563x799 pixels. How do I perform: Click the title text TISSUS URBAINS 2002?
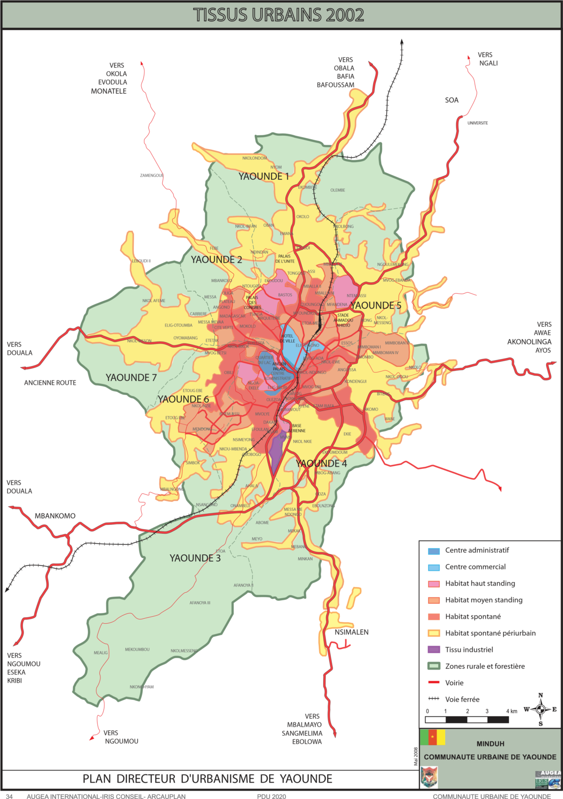coord(278,15)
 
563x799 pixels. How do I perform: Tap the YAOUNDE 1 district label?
coord(263,176)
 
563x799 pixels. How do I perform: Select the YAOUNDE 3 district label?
coord(195,558)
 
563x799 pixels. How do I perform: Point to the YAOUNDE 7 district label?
coord(131,378)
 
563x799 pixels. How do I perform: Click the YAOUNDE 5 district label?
coord(376,305)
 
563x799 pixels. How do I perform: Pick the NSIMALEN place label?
coord(351,632)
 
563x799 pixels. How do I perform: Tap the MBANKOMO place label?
coord(55,516)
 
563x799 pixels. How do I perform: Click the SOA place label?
coord(452,100)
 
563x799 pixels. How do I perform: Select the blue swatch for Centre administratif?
coord(434,551)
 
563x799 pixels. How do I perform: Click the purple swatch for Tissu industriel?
coord(434,650)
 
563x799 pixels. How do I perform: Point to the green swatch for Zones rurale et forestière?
coord(434,666)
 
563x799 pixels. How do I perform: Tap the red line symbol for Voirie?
coord(434,682)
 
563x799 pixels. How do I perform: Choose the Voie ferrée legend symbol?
coord(434,699)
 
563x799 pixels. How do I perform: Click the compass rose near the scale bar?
coord(540,709)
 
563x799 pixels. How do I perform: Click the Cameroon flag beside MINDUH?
coord(432,738)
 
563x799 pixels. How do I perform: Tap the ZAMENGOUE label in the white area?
coord(152,175)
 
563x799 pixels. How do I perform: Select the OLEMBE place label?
coord(338,190)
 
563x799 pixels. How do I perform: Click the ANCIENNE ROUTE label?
coord(50,383)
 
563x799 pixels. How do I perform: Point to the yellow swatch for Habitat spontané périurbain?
coord(434,633)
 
